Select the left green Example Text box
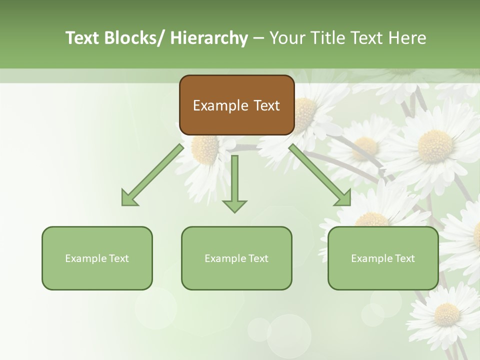[97, 258]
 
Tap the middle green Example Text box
[236, 258]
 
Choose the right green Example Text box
[383, 258]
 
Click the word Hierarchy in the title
[209, 38]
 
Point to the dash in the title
[258, 38]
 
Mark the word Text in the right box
[404, 258]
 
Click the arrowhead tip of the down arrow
[234, 211]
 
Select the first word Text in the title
[83, 38]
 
